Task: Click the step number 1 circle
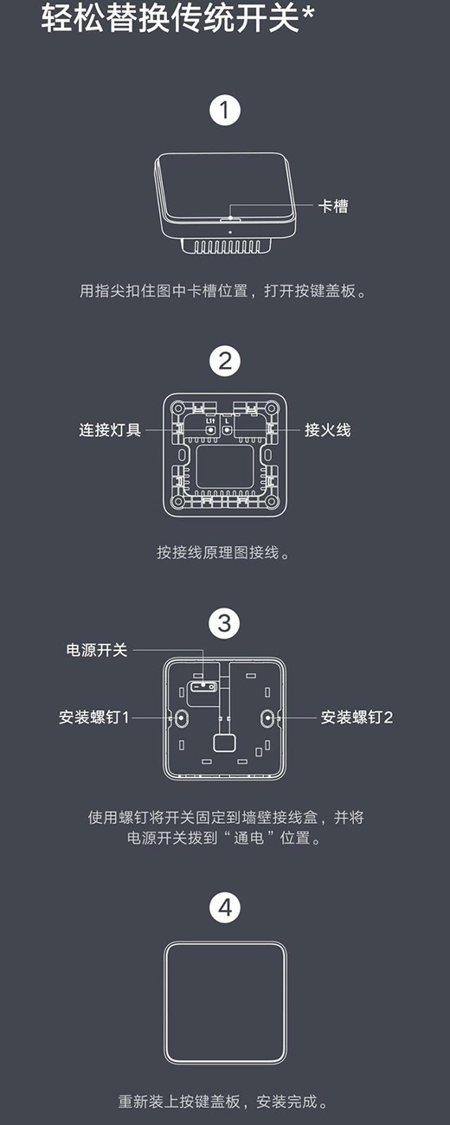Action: point(224,110)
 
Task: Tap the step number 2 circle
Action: point(224,361)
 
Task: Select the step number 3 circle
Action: point(224,623)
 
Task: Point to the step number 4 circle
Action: point(224,908)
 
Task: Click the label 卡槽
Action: point(333,206)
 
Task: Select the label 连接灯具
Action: point(110,430)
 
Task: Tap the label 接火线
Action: point(327,430)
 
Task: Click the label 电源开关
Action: point(97,650)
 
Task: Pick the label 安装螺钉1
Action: point(94,717)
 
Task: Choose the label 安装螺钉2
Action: point(357,717)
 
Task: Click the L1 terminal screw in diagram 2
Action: point(211,430)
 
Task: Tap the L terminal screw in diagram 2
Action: point(227,430)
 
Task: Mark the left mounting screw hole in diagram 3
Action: point(182,718)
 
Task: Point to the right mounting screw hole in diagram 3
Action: point(267,718)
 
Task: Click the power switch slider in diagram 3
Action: point(202,686)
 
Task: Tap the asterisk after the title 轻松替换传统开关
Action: point(308,14)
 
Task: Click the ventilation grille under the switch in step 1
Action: point(227,247)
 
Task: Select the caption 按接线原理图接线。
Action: point(223,552)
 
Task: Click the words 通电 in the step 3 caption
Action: point(248,838)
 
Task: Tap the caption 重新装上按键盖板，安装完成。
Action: point(223,1102)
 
